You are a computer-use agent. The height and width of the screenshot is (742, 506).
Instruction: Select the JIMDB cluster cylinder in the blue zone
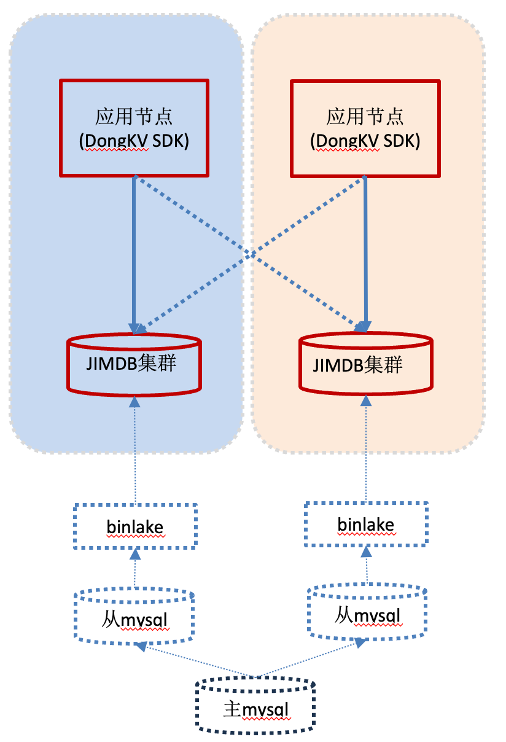coord(134,364)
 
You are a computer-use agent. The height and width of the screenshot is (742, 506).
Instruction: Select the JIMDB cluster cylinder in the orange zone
coord(367,365)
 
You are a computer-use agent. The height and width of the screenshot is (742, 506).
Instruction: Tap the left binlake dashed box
coord(135,526)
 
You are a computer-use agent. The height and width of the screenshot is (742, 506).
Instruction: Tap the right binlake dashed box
coord(366,525)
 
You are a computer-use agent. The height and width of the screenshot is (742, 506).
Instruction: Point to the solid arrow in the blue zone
coord(134,252)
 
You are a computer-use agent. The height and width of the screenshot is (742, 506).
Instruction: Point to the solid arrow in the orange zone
coord(366,252)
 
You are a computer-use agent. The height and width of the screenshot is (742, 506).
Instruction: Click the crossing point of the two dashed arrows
coord(251,254)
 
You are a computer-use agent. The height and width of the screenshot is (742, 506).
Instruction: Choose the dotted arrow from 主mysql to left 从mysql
coord(197,661)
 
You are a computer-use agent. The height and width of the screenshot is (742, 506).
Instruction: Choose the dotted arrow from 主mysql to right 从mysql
coord(307,660)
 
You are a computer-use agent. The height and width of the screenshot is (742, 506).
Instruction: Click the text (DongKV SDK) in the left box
coord(134,141)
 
